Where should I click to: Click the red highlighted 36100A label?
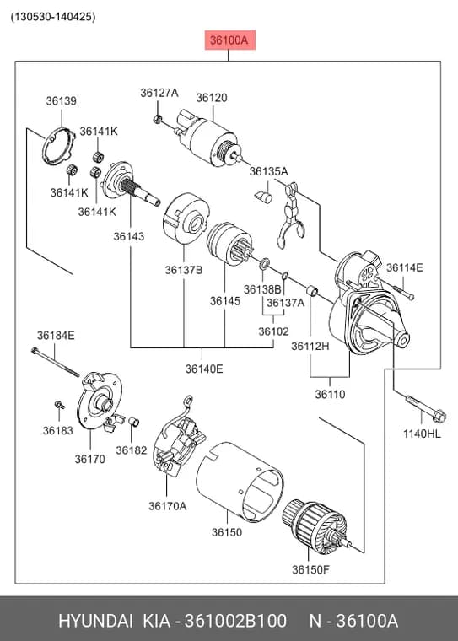[x=229, y=40]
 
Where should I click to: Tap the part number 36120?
[x=212, y=98]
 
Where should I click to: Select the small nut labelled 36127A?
[x=156, y=119]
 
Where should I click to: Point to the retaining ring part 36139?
[x=58, y=146]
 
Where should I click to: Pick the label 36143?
[x=129, y=236]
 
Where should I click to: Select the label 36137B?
[x=184, y=270]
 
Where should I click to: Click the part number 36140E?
[x=204, y=369]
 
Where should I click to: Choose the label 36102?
[x=273, y=331]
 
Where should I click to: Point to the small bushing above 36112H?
[x=312, y=291]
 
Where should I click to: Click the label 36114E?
[x=404, y=267]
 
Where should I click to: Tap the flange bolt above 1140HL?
[x=426, y=409]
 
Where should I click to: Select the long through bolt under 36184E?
[x=55, y=362]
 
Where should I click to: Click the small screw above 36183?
[x=60, y=405]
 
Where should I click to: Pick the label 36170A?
[x=167, y=506]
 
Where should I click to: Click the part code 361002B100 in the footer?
[x=235, y=621]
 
